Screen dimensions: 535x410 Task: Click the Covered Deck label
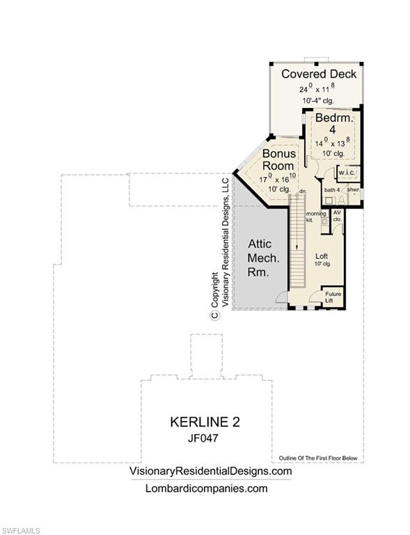[x=319, y=74]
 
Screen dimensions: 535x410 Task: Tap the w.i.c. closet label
[x=346, y=173]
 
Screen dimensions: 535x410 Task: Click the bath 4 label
[x=332, y=189]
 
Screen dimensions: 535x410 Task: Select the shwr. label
[x=353, y=189]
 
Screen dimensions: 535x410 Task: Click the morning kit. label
[x=315, y=216]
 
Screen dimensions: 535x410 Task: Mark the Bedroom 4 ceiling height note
[x=333, y=153]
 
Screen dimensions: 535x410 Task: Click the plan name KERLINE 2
[x=205, y=422]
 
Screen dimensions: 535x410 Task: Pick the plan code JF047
[x=205, y=439]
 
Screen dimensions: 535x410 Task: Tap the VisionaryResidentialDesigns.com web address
[x=211, y=472]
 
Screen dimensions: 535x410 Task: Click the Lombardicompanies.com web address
[x=206, y=488]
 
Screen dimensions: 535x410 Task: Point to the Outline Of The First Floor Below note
[x=318, y=458]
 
